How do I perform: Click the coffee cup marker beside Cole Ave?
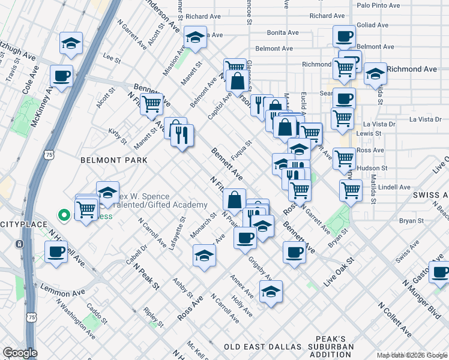[62, 77]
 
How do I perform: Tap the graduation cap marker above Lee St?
[71, 44]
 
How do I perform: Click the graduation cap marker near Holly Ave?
[271, 292]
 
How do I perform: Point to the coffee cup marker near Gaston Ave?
[440, 272]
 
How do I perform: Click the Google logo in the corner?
[19, 353]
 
